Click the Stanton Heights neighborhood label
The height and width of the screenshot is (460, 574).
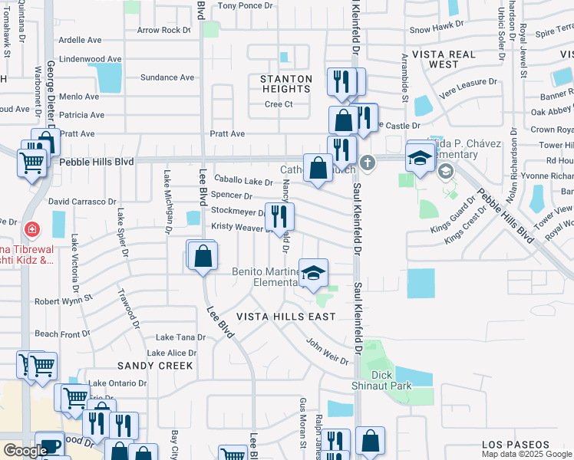285,84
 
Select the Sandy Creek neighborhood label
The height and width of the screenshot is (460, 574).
155,366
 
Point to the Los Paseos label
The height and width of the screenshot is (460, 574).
516,445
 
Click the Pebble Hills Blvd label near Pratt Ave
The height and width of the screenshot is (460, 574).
97,163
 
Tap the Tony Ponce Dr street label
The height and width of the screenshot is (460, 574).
246,5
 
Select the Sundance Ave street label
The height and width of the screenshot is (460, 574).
168,77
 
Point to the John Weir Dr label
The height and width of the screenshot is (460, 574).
328,351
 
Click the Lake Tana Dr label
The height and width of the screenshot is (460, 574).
180,337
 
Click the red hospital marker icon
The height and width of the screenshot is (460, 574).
31,228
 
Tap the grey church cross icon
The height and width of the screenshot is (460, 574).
368,163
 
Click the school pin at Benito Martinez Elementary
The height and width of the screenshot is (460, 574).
312,273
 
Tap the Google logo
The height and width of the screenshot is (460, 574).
25,451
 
